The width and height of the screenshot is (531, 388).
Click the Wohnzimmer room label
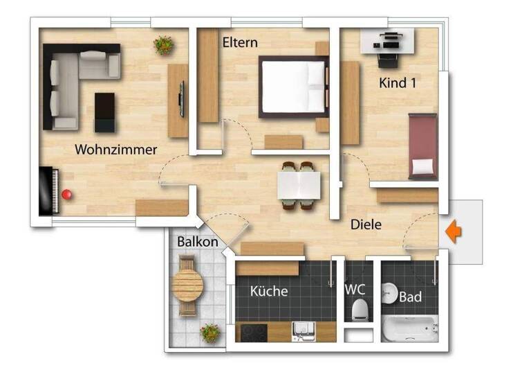(116, 149)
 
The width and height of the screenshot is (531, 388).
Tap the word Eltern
(240, 42)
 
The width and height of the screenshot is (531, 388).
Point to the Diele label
(366, 224)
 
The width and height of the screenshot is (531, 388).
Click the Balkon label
(197, 242)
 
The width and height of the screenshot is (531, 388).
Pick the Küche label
(269, 291)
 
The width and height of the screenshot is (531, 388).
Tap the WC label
(356, 290)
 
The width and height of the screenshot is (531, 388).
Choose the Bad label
(411, 297)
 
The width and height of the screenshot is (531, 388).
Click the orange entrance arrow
(454, 231)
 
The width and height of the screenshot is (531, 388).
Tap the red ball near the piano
(67, 195)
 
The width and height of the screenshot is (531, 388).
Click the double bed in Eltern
(293, 87)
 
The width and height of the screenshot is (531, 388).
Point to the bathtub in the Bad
(411, 329)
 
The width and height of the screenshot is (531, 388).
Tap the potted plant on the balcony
(210, 333)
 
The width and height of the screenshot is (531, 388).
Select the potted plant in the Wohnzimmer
(165, 45)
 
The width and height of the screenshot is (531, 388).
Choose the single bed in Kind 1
(421, 147)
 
